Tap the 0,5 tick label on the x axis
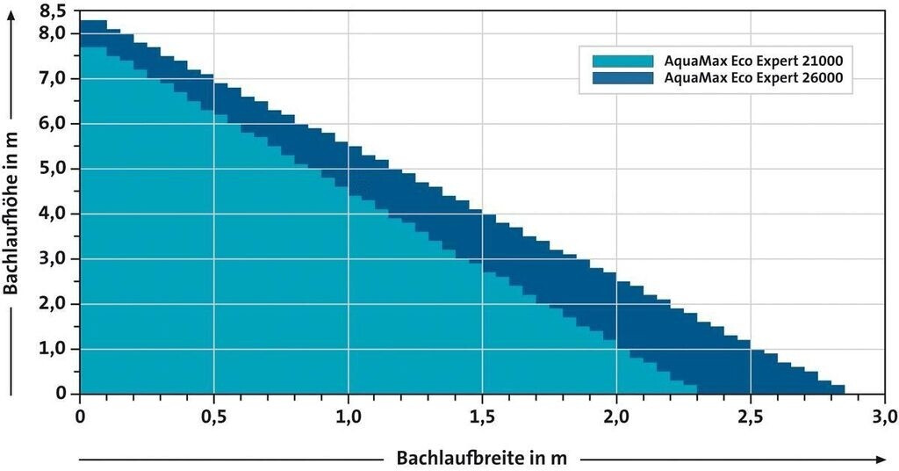pos(213,415)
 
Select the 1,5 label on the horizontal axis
pos(481,415)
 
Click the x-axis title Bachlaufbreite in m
pos(481,458)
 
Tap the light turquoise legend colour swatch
pos(623,61)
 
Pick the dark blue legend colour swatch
pos(623,77)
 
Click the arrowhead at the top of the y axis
pos(12,19)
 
